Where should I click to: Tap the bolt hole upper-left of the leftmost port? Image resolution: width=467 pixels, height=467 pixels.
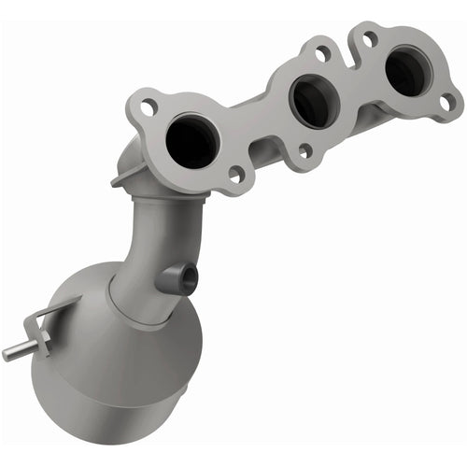148,108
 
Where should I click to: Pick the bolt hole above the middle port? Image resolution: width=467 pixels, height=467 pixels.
322,53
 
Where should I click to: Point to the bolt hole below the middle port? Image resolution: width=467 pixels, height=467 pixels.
305,149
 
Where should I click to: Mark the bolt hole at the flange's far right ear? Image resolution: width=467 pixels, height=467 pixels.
446,101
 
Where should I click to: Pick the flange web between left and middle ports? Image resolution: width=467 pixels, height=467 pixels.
252,121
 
